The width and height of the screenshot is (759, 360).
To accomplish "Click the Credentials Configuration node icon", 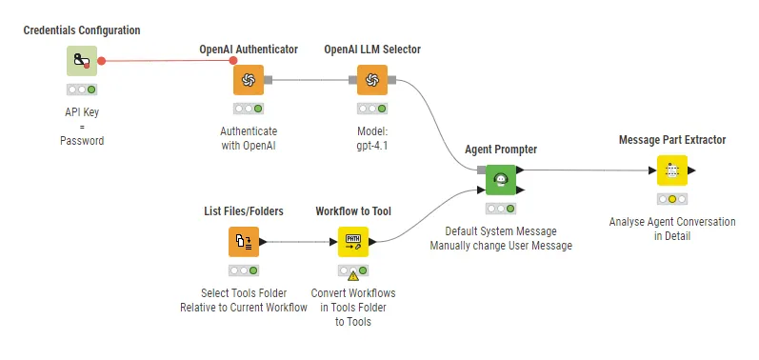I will pyautogui.click(x=81, y=62).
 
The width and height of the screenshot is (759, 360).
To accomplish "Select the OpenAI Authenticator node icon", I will pyautogui.click(x=248, y=79).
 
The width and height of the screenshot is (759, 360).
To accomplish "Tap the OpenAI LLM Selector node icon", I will pyautogui.click(x=371, y=79).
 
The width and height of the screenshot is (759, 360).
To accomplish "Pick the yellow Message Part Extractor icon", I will pyautogui.click(x=672, y=170).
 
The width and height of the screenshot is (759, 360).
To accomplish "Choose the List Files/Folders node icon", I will pyautogui.click(x=244, y=242).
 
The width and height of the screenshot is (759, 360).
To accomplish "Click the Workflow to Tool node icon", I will pyautogui.click(x=352, y=242).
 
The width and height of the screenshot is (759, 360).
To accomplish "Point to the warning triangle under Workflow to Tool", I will pyautogui.click(x=353, y=275).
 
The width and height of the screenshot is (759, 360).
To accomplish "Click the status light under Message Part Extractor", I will pyautogui.click(x=672, y=199).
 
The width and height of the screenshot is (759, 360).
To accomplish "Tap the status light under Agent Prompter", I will pyautogui.click(x=501, y=208).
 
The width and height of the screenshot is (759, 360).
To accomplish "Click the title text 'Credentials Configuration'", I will pyautogui.click(x=81, y=30).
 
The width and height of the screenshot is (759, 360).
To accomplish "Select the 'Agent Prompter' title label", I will pyautogui.click(x=501, y=150).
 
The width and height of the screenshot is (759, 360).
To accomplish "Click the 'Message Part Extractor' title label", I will pyautogui.click(x=672, y=140).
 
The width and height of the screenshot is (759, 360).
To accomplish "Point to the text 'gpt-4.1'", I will pyautogui.click(x=372, y=145).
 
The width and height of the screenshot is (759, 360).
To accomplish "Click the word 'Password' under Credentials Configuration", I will pyautogui.click(x=81, y=140).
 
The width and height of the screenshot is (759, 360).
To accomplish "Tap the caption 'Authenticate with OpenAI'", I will pyautogui.click(x=249, y=138).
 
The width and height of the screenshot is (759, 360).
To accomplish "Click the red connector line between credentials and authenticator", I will pyautogui.click(x=167, y=61).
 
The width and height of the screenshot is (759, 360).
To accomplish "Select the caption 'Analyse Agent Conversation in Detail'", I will pyautogui.click(x=672, y=229).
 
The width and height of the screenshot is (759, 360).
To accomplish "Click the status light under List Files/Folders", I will pyautogui.click(x=244, y=270).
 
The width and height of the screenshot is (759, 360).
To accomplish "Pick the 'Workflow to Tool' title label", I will pyautogui.click(x=353, y=211).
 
